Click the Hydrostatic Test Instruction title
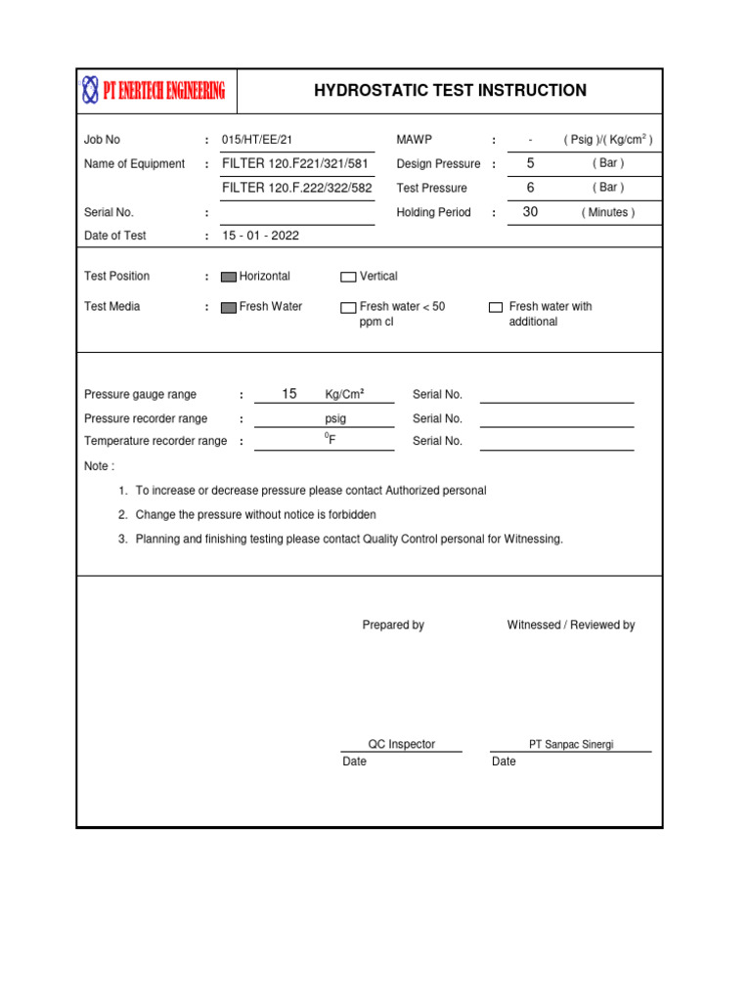[x=450, y=91]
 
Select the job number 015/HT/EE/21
[x=257, y=140]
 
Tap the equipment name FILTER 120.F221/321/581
[x=295, y=163]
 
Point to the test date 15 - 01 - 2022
[x=260, y=236]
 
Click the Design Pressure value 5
[x=530, y=163]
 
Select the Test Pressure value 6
[x=530, y=187]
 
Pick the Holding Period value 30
[x=530, y=211]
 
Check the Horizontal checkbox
[x=229, y=277]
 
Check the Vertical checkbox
[x=348, y=277]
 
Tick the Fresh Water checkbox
[x=229, y=307]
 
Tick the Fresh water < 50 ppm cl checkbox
[x=348, y=307]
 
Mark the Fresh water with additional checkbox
[x=496, y=307]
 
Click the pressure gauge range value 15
[x=288, y=394]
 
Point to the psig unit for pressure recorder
[x=335, y=418]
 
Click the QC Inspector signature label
[x=401, y=744]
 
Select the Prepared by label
[x=393, y=625]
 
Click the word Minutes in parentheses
[x=607, y=212]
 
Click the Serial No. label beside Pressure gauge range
[x=437, y=395]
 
